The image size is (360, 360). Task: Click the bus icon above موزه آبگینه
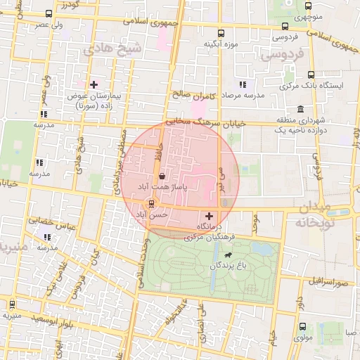221,33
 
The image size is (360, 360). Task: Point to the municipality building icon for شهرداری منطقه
300,109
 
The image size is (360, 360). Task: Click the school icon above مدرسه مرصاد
244,84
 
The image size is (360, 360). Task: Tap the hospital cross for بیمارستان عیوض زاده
94,84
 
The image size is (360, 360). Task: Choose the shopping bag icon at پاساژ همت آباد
162,176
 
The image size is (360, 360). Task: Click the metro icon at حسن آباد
150,204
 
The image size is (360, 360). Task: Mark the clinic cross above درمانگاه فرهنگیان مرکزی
209,216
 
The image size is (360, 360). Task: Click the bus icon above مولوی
302,327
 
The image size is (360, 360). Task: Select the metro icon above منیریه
12,304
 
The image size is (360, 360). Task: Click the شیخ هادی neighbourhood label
112,49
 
